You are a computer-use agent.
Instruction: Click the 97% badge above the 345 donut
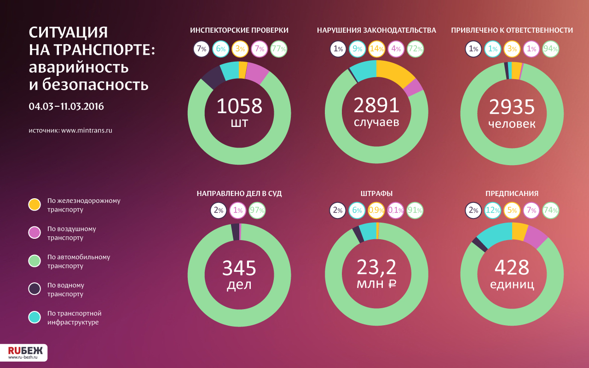point(257,210)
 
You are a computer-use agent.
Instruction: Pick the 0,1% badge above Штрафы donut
point(396,210)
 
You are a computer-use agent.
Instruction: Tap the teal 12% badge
point(493,210)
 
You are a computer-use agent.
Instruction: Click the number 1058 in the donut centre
point(239,106)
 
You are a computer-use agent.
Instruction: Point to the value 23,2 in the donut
point(376,267)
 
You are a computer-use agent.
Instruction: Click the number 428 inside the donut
point(512,267)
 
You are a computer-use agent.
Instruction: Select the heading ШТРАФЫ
point(376,194)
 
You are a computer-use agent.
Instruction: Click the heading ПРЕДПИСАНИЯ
point(512,194)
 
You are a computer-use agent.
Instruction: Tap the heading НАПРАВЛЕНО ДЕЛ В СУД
point(239,194)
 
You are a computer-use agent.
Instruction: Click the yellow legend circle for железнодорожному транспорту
point(35,205)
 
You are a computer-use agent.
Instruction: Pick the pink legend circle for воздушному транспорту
point(35,233)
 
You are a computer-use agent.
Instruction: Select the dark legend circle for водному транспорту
point(35,289)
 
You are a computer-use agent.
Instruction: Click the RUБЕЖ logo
point(23,352)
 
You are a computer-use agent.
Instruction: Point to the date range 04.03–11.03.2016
point(66,106)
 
